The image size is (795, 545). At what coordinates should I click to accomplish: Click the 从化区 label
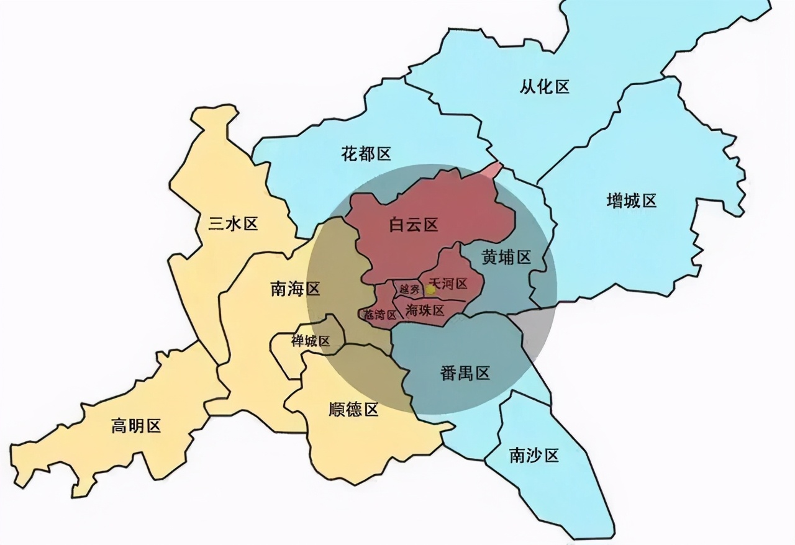click(545, 87)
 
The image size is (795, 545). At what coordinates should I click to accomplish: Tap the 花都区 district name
click(366, 153)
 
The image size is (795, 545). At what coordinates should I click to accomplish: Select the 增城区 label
click(631, 201)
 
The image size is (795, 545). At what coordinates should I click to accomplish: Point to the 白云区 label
click(414, 225)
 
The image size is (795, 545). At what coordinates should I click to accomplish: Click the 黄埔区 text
click(507, 257)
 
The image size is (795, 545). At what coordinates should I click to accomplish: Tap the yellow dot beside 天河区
click(430, 289)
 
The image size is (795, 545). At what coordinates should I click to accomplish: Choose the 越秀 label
click(409, 289)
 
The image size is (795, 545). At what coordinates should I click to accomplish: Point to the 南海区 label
click(295, 289)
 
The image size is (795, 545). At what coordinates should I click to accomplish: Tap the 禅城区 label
click(311, 341)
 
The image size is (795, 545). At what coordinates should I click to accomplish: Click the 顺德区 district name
click(353, 410)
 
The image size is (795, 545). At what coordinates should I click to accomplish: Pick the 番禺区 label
click(465, 373)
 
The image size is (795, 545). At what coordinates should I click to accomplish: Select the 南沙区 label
click(534, 456)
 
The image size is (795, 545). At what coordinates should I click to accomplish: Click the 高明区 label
click(136, 426)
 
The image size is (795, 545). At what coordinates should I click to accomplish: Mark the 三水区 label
click(233, 224)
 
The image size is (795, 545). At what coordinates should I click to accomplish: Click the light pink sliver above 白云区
click(492, 170)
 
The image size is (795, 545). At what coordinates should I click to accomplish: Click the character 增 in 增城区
click(614, 201)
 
